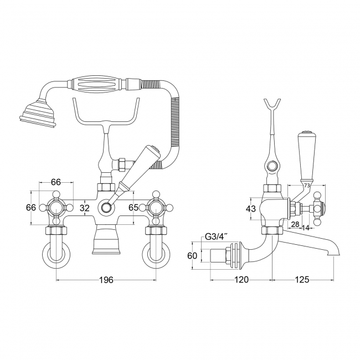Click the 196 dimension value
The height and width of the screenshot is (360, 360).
[x=106, y=280]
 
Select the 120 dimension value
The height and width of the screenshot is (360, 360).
[x=241, y=280]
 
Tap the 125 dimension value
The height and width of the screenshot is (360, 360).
[x=302, y=280]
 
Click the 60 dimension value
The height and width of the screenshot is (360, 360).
[x=192, y=255]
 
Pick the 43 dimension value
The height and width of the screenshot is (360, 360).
[x=251, y=209]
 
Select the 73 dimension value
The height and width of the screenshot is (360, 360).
[x=307, y=186]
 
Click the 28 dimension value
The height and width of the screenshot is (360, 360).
[x=295, y=224]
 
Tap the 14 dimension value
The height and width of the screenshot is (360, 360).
[x=306, y=228]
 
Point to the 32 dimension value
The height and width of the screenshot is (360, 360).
[x=85, y=208]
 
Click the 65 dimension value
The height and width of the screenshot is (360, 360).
[x=133, y=207]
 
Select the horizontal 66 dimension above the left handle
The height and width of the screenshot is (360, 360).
[x=56, y=182]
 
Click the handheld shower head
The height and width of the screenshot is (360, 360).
[x=38, y=113]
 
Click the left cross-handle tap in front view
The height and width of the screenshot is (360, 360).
[x=56, y=208]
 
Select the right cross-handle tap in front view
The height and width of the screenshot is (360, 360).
[x=156, y=208]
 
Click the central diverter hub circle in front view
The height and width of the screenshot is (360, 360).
[x=106, y=207]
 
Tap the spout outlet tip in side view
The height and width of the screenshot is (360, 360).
[x=333, y=254]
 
